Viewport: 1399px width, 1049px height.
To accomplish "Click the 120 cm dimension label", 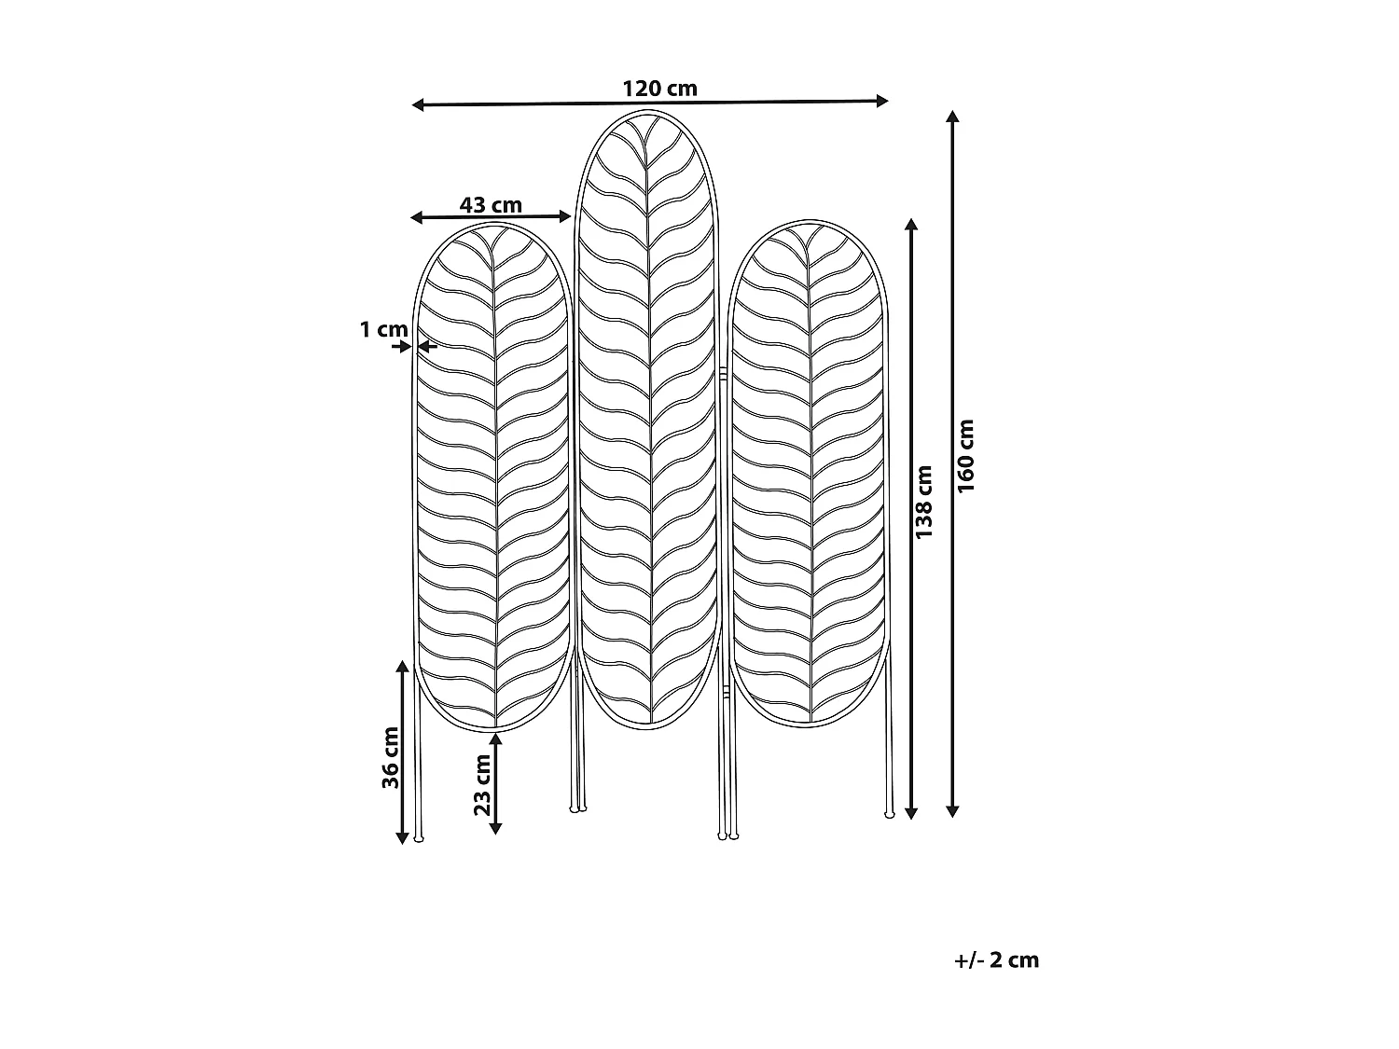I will (659, 89).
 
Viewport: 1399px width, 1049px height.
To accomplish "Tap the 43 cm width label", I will (491, 204).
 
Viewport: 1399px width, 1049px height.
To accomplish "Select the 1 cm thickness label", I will (383, 329).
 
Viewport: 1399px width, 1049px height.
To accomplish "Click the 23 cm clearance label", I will (482, 783).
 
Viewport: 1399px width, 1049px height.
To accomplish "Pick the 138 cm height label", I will (923, 503).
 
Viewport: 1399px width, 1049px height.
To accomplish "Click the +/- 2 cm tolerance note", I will (996, 959).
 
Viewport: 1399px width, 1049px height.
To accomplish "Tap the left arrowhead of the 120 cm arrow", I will (418, 104).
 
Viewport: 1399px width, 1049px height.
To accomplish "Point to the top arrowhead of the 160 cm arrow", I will (952, 117).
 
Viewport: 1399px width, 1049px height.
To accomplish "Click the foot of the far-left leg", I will (418, 839).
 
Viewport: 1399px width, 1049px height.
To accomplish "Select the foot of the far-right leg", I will (889, 814).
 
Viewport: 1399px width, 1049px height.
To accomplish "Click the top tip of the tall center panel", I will (649, 112).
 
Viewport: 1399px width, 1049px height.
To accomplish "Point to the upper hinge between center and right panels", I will (723, 372).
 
